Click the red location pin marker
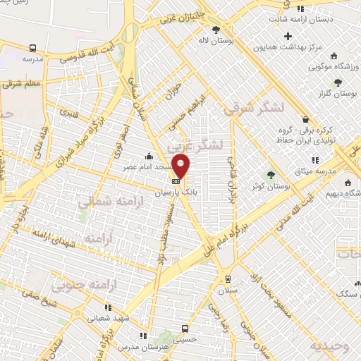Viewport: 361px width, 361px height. (x=182, y=165)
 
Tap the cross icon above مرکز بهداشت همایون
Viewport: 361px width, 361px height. (x=288, y=36)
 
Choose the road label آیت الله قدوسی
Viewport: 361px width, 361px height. (x=88, y=56)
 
